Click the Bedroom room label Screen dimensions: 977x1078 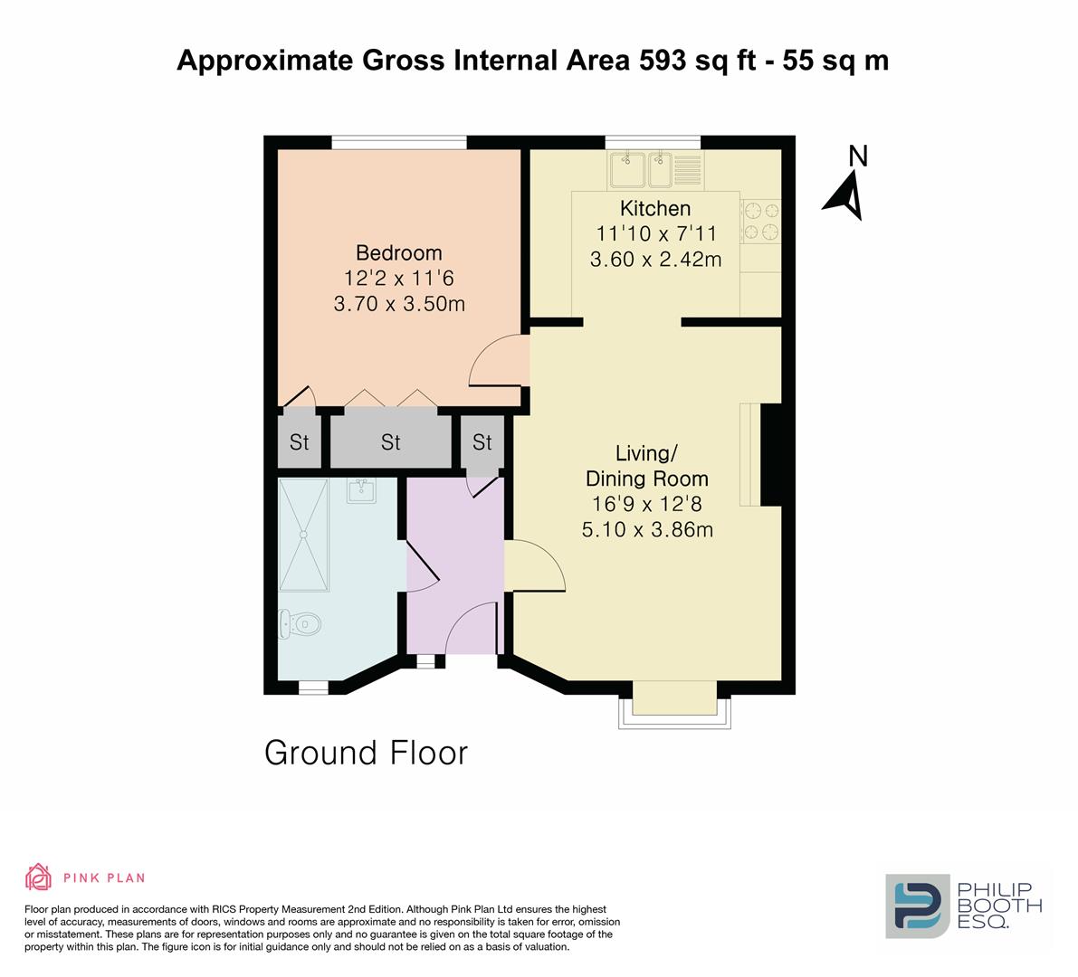[x=398, y=252]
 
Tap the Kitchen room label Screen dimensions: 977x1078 [x=655, y=209]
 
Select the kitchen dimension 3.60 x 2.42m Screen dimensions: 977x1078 [x=655, y=261]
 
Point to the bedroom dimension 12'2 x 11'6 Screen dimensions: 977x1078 [x=398, y=279]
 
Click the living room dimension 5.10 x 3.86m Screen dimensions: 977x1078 [x=647, y=529]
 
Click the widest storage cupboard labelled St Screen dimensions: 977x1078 [x=390, y=442]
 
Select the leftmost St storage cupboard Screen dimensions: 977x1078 [x=299, y=442]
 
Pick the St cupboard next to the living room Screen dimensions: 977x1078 [x=482, y=442]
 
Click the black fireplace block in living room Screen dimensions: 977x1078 [x=770, y=455]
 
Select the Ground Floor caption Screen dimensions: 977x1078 [x=366, y=753]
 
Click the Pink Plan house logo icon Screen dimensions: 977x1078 [x=38, y=877]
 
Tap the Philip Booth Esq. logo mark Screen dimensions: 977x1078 [x=916, y=906]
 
